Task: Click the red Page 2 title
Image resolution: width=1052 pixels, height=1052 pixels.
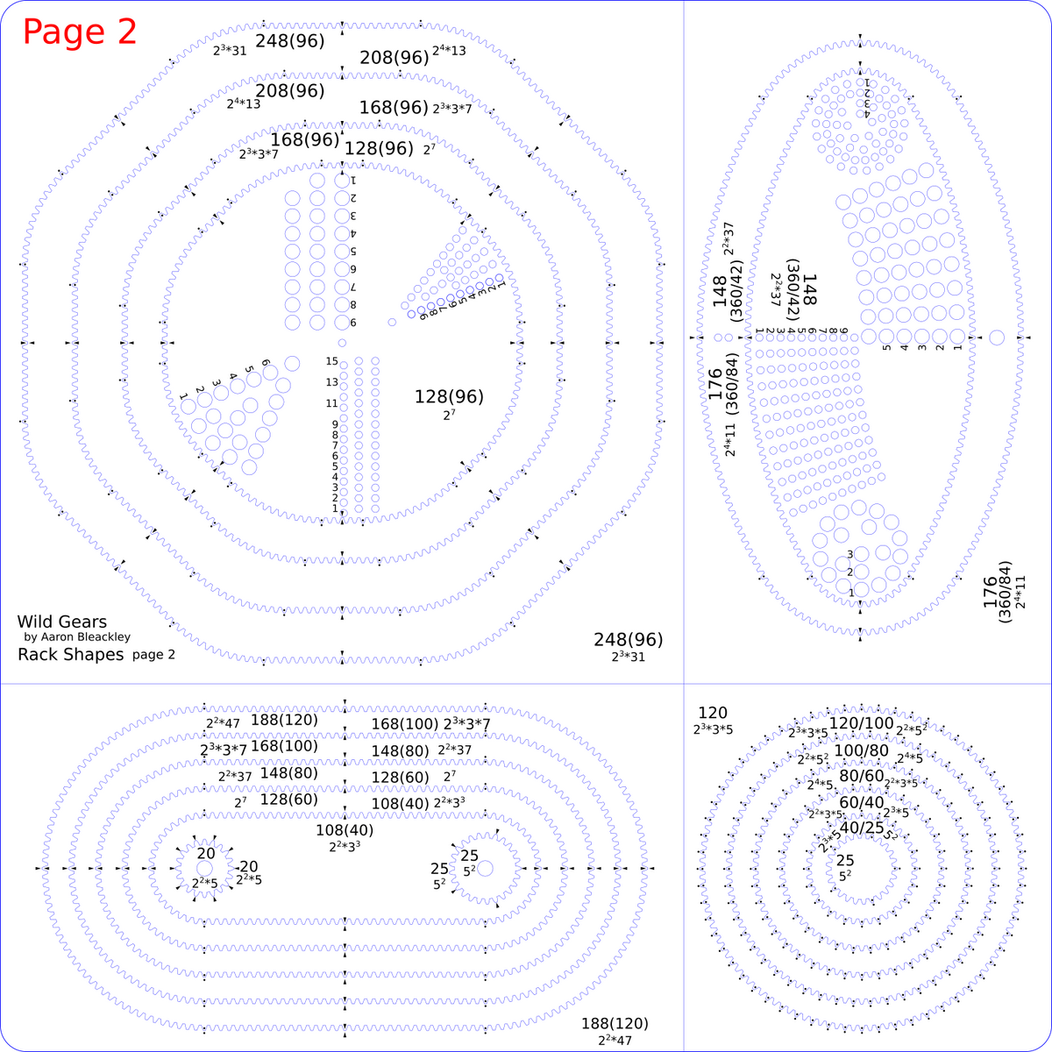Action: pyautogui.click(x=80, y=32)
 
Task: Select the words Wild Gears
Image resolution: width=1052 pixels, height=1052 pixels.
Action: pyautogui.click(x=61, y=622)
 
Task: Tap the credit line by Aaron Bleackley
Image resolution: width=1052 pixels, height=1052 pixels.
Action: pyautogui.click(x=77, y=637)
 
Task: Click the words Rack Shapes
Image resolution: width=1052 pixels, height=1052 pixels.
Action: pyautogui.click(x=71, y=655)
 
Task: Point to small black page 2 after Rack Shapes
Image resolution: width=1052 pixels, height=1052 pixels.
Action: pyautogui.click(x=153, y=655)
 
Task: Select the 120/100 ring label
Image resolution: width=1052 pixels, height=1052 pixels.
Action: pyautogui.click(x=861, y=723)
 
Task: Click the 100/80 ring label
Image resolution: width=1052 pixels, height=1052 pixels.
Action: pyautogui.click(x=861, y=750)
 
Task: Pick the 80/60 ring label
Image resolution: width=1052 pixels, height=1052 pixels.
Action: pyautogui.click(x=861, y=776)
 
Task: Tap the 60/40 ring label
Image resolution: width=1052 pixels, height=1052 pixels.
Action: pyautogui.click(x=861, y=802)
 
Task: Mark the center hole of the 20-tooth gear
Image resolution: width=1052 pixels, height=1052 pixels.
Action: pyautogui.click(x=204, y=868)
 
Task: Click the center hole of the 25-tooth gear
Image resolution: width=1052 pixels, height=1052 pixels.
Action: pyautogui.click(x=486, y=868)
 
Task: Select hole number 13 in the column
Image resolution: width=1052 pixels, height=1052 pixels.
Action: pyautogui.click(x=345, y=383)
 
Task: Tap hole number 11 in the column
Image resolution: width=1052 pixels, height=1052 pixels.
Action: pyautogui.click(x=345, y=404)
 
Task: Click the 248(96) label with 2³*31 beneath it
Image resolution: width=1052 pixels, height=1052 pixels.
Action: pyautogui.click(x=628, y=640)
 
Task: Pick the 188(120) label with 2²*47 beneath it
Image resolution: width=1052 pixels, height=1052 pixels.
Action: pyautogui.click(x=615, y=1024)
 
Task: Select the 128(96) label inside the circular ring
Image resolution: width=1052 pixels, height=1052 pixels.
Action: pyautogui.click(x=449, y=397)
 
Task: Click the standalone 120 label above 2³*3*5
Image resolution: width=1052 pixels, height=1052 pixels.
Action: pyautogui.click(x=713, y=714)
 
